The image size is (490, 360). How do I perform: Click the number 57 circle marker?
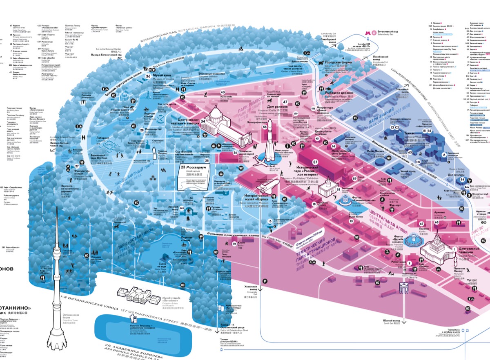[x=315, y=162]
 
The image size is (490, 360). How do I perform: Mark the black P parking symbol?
[x=265, y=281]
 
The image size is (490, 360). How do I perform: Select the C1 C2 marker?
[x=395, y=128]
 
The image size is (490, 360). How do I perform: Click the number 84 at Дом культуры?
[x=462, y=179]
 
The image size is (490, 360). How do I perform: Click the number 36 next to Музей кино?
[x=148, y=76]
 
